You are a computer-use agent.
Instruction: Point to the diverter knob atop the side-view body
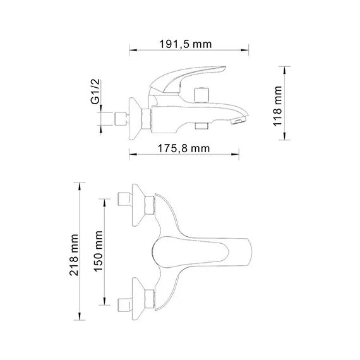point(203,95)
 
